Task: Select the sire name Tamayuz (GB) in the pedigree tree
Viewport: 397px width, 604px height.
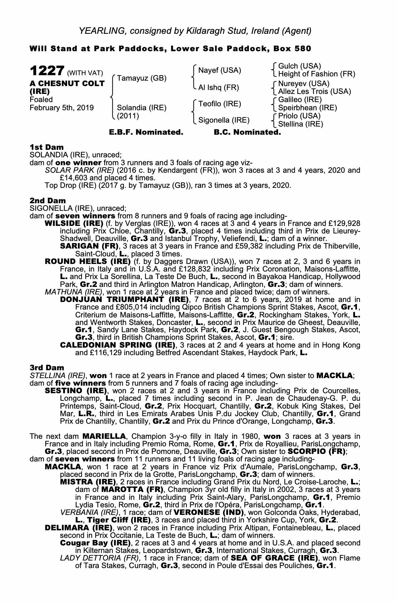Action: tap(142, 78)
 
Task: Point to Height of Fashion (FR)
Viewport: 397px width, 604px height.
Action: tap(317, 74)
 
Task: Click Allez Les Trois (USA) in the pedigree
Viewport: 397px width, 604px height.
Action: tap(314, 91)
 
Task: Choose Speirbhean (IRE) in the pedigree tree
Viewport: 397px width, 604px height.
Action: tap(307, 108)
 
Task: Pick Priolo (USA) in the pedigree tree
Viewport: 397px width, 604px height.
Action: tap(299, 116)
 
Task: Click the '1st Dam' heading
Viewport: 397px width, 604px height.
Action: tap(47, 147)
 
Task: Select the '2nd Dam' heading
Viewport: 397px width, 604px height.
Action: tap(47, 200)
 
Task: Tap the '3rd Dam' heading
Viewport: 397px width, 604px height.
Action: tap(47, 368)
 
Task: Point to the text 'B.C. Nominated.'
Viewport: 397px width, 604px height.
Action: tap(247, 132)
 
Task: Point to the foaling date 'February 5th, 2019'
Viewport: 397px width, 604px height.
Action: tap(62, 108)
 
